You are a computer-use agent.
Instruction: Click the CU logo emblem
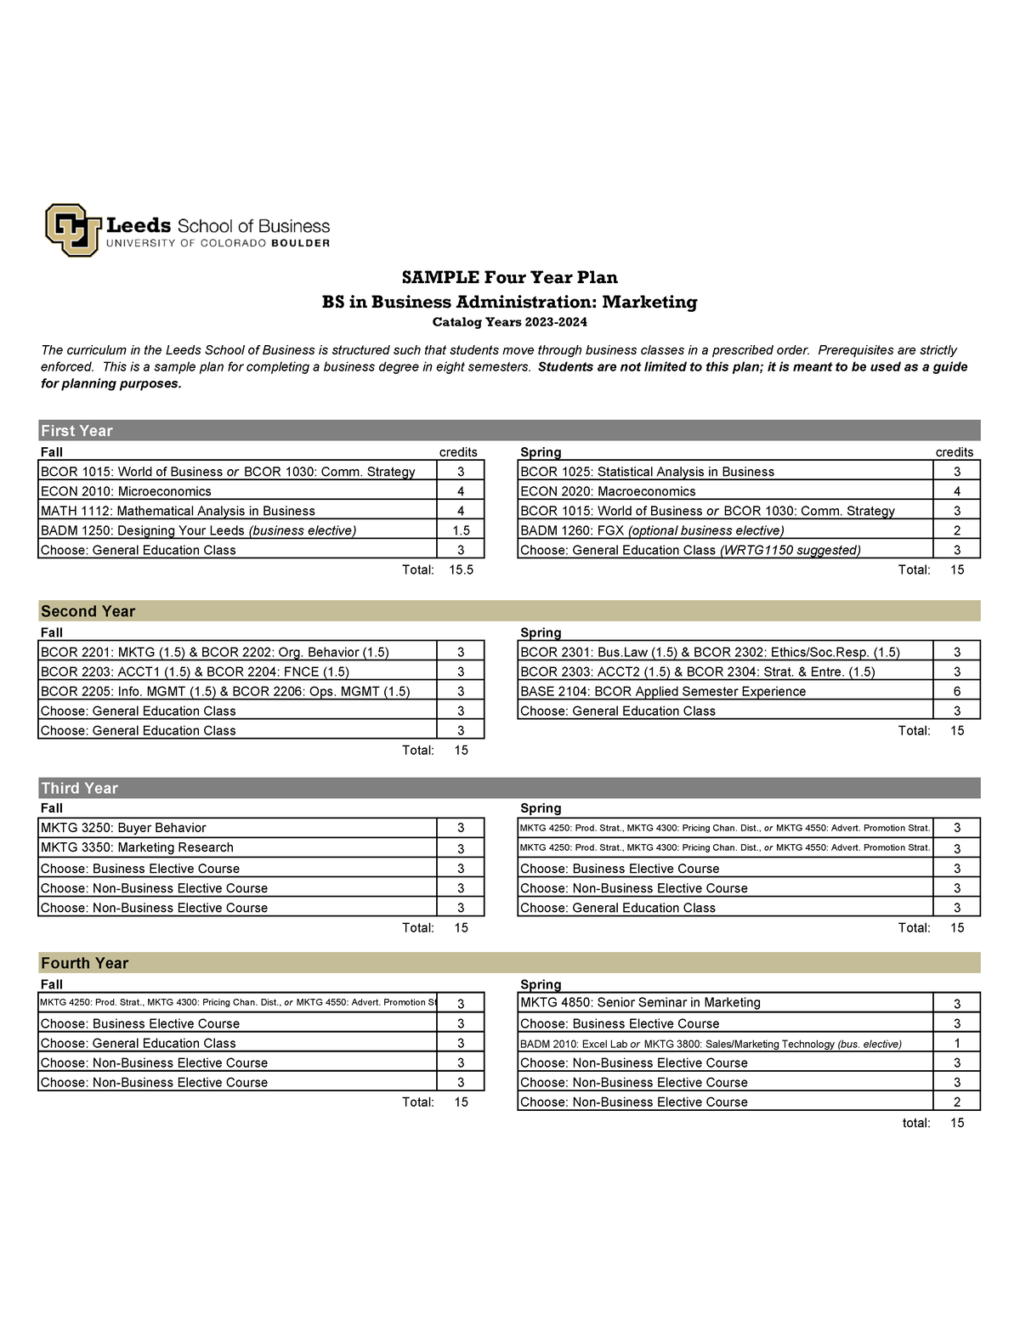click(72, 229)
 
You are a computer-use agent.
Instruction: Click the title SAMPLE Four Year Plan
click(509, 278)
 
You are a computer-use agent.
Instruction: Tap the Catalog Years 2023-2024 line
click(509, 322)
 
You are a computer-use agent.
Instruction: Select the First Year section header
click(76, 431)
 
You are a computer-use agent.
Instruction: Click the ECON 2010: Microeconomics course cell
click(126, 491)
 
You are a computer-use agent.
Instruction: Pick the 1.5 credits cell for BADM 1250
click(461, 530)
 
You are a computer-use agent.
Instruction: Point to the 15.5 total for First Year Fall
click(461, 570)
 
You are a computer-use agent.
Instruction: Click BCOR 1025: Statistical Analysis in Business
click(647, 472)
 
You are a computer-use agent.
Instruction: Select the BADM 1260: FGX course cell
click(652, 530)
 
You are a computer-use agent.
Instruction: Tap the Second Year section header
click(88, 611)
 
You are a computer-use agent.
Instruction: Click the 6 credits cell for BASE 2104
click(957, 692)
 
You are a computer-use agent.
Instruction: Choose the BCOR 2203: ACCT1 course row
click(195, 672)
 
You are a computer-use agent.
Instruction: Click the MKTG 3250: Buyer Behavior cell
click(123, 828)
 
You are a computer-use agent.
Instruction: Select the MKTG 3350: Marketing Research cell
click(137, 847)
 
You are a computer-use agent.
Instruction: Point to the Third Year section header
click(79, 788)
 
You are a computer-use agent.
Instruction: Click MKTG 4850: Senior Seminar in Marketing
click(640, 1003)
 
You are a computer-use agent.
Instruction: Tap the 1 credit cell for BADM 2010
click(957, 1044)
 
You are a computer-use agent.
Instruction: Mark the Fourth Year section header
click(84, 963)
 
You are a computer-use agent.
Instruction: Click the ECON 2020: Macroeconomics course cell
click(608, 491)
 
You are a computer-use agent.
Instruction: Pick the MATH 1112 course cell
click(178, 511)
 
